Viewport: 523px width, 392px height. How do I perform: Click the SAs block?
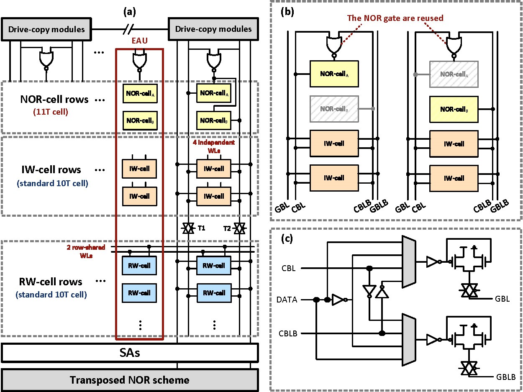[x=130, y=353]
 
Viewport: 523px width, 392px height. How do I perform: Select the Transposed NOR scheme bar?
[x=130, y=380]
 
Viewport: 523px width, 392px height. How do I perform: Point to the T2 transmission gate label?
[x=227, y=228]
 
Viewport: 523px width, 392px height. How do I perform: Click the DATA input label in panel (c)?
[x=287, y=300]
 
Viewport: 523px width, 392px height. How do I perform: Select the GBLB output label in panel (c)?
[x=506, y=377]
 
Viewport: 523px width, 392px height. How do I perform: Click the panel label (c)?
[x=287, y=240]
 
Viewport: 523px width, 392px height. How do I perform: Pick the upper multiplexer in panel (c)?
[x=408, y=261]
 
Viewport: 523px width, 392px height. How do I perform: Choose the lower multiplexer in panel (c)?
[x=408, y=339]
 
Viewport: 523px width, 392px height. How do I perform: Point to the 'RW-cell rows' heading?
[x=51, y=282]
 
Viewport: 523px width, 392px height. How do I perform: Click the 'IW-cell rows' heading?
[x=51, y=170]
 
